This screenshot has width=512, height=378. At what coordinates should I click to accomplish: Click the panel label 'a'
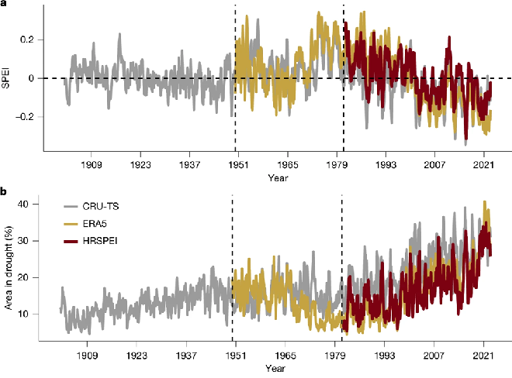click(4, 5)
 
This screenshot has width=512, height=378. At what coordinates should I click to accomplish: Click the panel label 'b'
click(4, 191)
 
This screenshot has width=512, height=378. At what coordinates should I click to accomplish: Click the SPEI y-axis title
click(7, 78)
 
